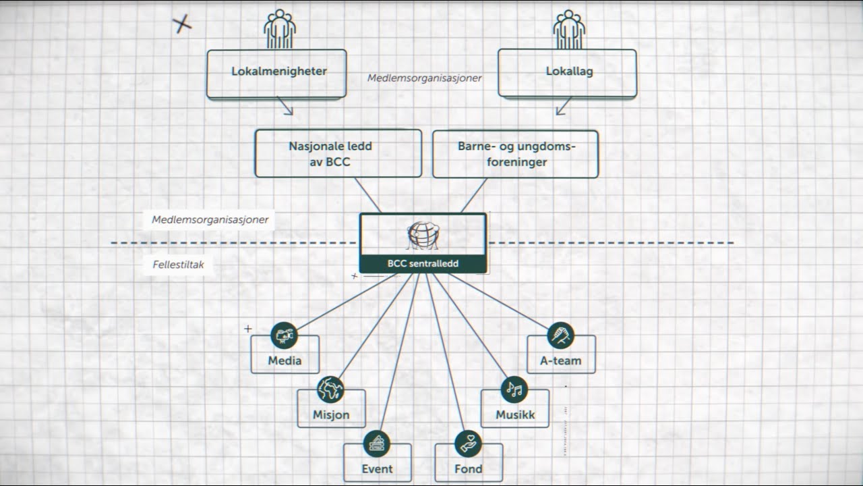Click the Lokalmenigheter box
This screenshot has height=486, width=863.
(276, 72)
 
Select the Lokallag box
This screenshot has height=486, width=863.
(568, 72)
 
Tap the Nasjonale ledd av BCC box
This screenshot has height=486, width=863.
(338, 154)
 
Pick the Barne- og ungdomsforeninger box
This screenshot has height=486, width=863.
(516, 154)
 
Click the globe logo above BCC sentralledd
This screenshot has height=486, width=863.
(423, 235)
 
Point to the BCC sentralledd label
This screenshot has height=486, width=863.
(423, 264)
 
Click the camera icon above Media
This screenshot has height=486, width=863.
(285, 335)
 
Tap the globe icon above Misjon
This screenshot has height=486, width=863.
(330, 389)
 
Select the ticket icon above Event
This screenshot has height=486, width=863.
(377, 443)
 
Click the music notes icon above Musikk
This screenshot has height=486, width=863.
(514, 389)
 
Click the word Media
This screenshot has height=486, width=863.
(285, 360)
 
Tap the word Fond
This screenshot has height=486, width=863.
(469, 468)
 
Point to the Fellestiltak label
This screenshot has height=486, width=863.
(178, 265)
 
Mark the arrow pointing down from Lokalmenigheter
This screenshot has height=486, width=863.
(286, 106)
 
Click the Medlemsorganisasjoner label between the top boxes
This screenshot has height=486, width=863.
(424, 78)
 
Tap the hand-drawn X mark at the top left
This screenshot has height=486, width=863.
(182, 25)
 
